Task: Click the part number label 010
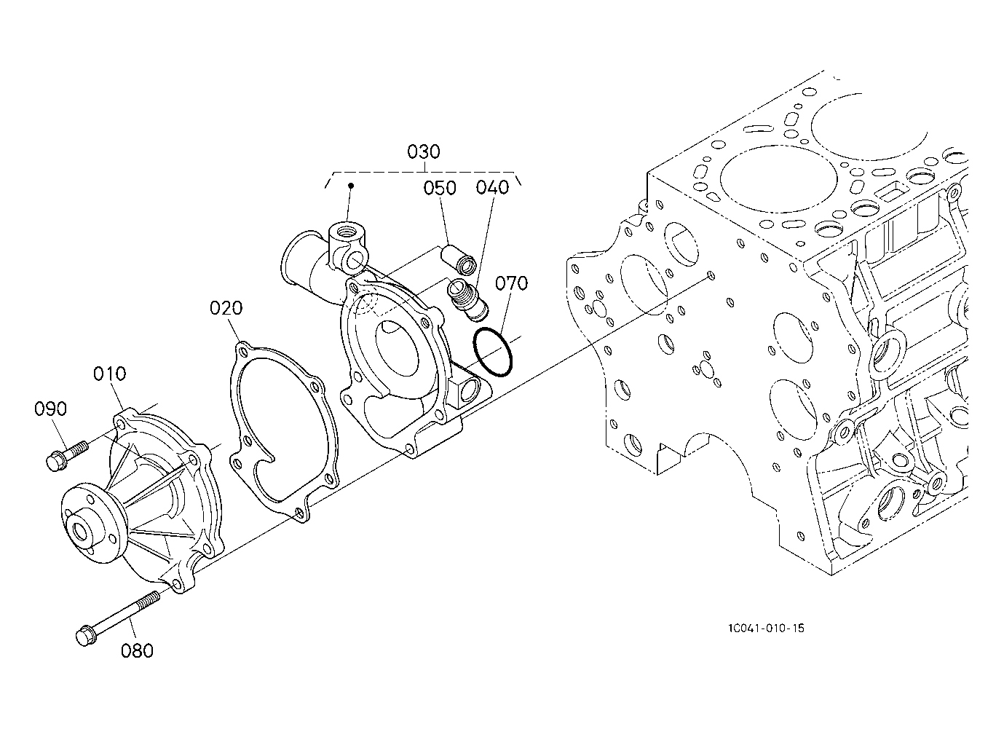point(110,373)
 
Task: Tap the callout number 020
point(226,308)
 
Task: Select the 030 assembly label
point(424,151)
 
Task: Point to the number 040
point(492,187)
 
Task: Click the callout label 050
point(440,188)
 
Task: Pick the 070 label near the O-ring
point(511,283)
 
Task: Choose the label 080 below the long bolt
point(137,650)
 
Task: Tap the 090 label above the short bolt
point(51,409)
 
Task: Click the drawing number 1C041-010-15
point(766,628)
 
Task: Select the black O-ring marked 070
point(493,352)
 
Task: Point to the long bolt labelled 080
point(118,618)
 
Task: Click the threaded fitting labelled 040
point(468,300)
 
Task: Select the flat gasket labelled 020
point(284,432)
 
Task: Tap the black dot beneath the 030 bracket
point(352,185)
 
